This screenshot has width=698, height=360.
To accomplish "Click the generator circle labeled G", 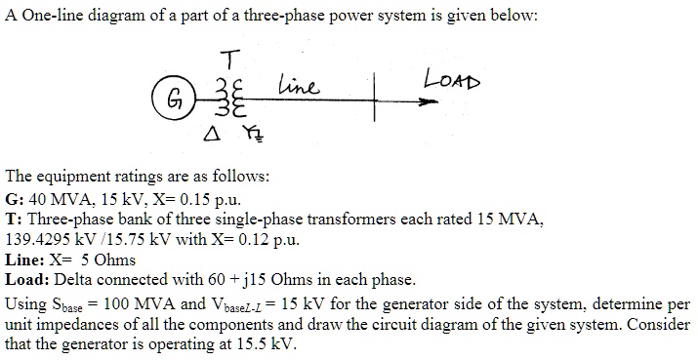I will pyautogui.click(x=172, y=98).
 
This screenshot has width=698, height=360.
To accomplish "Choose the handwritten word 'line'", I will pyautogui.click(x=298, y=87).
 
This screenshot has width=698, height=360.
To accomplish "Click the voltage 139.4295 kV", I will pyautogui.click(x=48, y=238).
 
